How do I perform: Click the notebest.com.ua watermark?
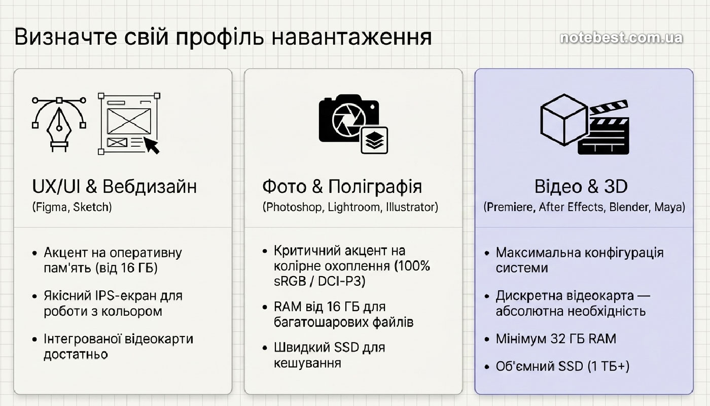tap(621, 38)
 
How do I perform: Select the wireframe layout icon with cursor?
tap(129, 124)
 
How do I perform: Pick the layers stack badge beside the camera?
tap(375, 140)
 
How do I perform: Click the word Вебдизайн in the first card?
tap(150, 187)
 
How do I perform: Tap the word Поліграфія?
tap(375, 187)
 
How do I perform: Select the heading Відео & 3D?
tap(581, 187)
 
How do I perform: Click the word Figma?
tap(51, 207)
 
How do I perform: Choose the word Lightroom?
tap(354, 207)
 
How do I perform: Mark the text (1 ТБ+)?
tap(609, 366)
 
